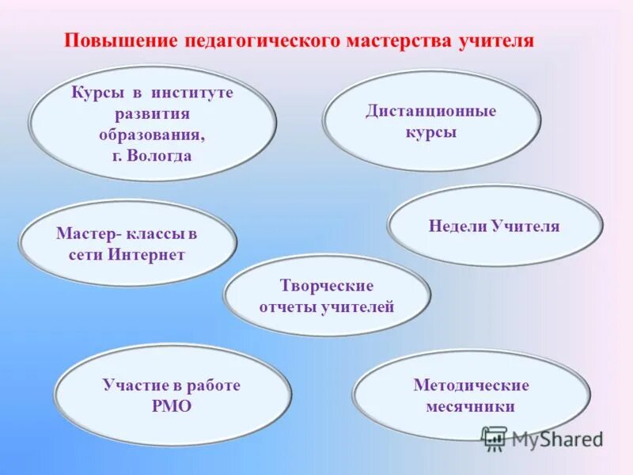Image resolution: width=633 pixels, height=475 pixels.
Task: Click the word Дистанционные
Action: pyautogui.click(x=430, y=111)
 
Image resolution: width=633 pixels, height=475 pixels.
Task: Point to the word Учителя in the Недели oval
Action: pyautogui.click(x=525, y=226)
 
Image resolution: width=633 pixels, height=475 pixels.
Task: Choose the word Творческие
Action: pyautogui.click(x=326, y=285)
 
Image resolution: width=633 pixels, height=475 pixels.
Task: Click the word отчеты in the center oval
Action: pyautogui.click(x=286, y=307)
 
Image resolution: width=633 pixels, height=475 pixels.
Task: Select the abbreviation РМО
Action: pyautogui.click(x=170, y=406)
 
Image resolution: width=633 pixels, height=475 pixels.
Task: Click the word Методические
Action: pyautogui.click(x=471, y=386)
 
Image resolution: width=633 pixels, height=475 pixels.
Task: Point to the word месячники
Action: pyautogui.click(x=471, y=406)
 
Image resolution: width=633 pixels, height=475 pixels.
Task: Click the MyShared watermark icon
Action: pyautogui.click(x=495, y=437)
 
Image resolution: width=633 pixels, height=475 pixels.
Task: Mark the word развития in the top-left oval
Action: pyautogui.click(x=152, y=113)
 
